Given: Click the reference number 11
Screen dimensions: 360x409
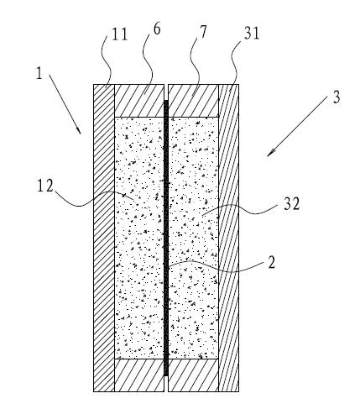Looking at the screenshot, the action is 120,34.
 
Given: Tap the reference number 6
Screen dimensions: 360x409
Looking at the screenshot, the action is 157,29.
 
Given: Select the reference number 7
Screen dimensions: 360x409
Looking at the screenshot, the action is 203,32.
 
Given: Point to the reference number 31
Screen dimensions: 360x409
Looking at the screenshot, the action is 252,34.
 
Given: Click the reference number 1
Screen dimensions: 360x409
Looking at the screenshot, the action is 39,73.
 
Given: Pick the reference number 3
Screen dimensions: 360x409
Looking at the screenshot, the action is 337,97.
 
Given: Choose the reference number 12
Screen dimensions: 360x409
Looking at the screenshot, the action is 45,186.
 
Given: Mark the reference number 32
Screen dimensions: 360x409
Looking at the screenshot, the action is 292,203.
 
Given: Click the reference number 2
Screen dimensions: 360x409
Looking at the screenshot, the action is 272,262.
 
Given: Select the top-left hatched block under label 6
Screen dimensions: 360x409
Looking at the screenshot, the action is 139,101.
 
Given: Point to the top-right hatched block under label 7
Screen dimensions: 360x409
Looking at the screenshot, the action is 193,101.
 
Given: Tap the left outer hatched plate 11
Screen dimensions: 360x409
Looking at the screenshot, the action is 104,238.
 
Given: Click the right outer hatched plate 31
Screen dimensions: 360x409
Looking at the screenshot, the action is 229,238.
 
